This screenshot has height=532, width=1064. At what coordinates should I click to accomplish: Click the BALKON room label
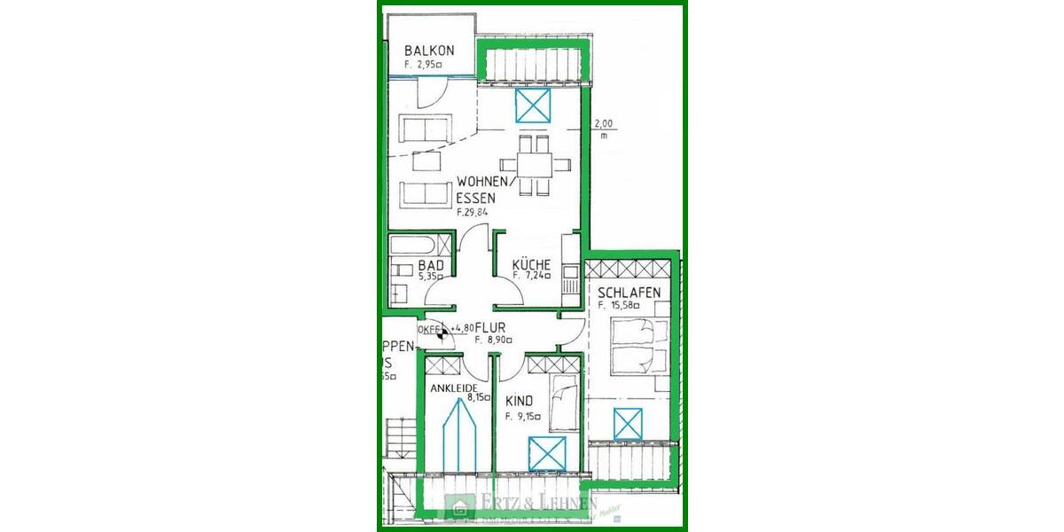429,51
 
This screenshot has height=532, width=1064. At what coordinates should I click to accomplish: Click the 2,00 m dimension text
603,129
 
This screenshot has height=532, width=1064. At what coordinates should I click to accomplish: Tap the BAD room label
431,265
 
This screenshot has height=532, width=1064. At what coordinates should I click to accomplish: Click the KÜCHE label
532,264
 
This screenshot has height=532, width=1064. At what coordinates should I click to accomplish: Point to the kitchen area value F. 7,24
532,276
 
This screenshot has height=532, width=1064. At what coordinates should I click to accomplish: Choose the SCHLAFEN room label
629,293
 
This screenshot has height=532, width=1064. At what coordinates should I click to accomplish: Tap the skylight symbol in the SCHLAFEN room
629,425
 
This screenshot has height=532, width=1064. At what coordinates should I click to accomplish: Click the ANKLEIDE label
454,388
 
